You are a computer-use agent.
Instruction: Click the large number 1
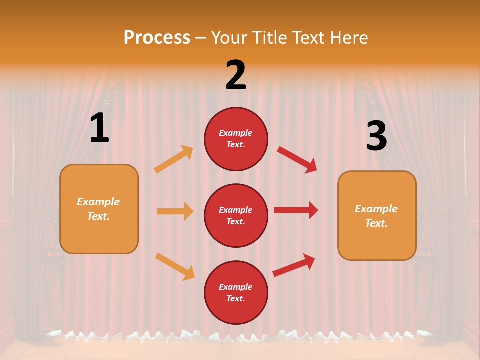[99, 129]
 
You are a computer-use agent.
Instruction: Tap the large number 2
[236, 75]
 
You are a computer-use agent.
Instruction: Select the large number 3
[376, 136]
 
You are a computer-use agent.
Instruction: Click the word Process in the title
[157, 37]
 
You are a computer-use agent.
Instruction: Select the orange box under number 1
[99, 209]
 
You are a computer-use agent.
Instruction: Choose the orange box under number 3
[377, 216]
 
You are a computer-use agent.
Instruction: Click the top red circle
[236, 139]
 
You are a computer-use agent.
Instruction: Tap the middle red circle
[236, 215]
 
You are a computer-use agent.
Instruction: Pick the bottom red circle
[236, 292]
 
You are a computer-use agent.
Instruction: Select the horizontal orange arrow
[175, 211]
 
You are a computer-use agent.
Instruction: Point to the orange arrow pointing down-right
[175, 266]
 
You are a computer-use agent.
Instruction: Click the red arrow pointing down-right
[297, 159]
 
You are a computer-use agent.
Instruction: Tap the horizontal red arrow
[296, 210]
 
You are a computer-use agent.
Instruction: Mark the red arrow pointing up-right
[294, 265]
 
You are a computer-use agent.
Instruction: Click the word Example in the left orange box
[98, 202]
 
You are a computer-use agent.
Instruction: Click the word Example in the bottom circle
[236, 287]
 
